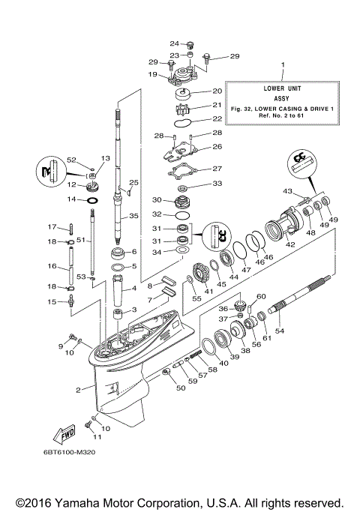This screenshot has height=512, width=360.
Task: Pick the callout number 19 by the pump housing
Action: click(x=153, y=75)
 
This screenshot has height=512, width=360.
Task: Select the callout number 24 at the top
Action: click(x=173, y=43)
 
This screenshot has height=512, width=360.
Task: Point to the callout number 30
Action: click(x=157, y=200)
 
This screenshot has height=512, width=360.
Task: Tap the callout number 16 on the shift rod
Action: click(x=54, y=266)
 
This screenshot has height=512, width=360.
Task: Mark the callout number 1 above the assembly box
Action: click(x=283, y=65)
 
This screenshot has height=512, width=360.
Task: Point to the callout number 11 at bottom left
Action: click(x=95, y=437)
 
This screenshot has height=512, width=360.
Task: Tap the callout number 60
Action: click(x=261, y=297)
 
